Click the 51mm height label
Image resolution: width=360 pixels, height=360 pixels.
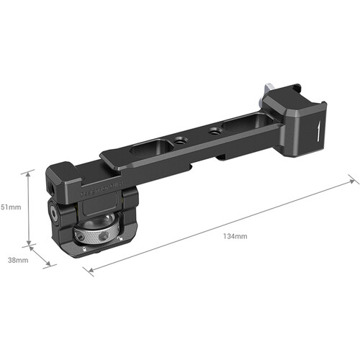[11, 207]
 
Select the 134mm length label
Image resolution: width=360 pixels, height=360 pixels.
[235, 236]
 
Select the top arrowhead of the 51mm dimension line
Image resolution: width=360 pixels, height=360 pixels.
[28, 174]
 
